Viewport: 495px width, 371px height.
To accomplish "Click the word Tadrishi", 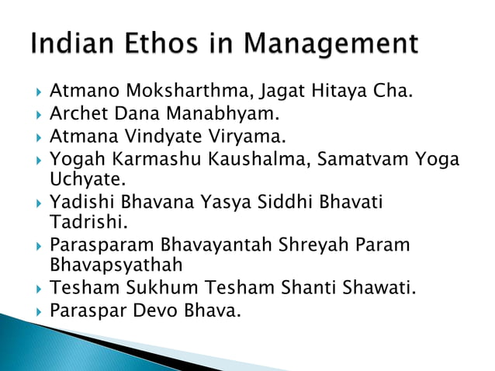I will click(x=82, y=224).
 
